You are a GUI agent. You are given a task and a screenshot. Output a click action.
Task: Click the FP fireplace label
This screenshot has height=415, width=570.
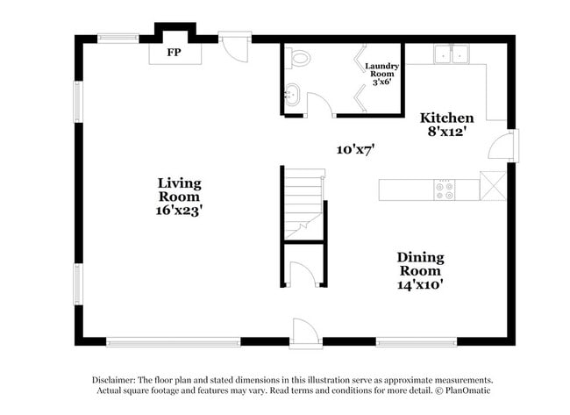175,53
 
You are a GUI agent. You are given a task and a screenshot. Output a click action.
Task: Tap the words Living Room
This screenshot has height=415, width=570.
179,190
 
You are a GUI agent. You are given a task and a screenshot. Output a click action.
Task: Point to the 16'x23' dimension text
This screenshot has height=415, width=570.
179,211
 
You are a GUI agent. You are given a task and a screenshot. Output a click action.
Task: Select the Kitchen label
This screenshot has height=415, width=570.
447,118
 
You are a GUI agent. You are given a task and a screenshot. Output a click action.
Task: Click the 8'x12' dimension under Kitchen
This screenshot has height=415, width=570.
447,132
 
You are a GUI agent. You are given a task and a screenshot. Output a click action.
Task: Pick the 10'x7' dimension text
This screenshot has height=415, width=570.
355,149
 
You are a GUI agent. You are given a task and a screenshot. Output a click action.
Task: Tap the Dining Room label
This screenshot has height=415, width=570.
420,264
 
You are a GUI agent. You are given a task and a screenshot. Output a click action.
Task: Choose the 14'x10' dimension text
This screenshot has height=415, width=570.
420,284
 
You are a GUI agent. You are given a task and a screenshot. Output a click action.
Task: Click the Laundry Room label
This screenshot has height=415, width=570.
382,70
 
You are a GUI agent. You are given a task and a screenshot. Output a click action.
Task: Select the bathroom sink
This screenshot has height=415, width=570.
291,93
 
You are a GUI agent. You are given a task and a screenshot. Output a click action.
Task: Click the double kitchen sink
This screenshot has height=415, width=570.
452,54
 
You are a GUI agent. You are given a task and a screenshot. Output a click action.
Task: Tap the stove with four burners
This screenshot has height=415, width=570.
445,190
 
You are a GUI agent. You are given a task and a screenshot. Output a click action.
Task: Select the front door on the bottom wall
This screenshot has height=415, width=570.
305,333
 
